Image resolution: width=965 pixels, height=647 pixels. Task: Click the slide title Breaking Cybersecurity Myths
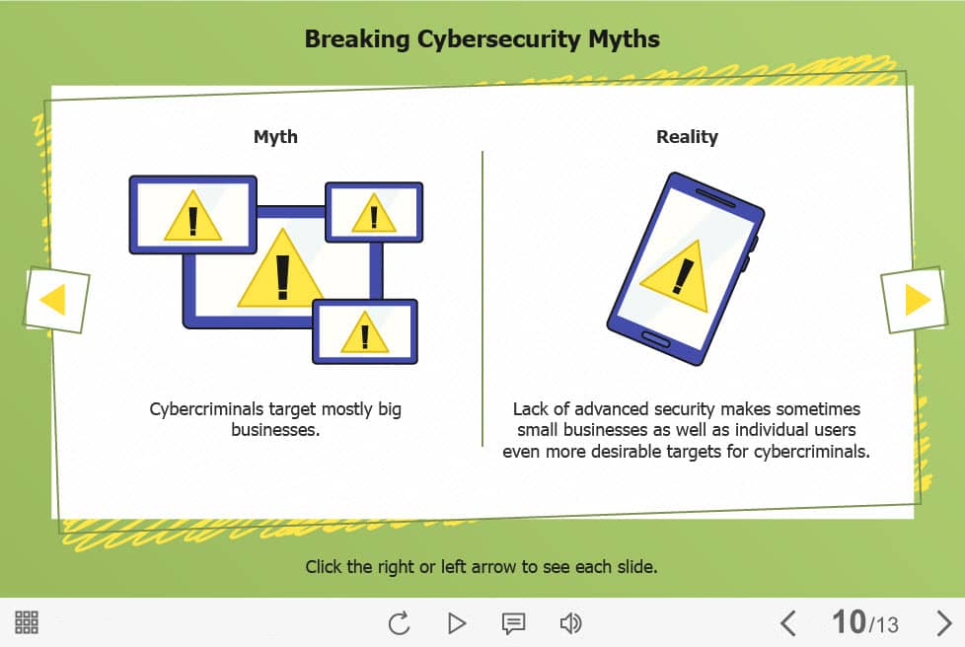pyautogui.click(x=482, y=39)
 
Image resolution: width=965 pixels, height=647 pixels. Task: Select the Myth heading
pyautogui.click(x=275, y=136)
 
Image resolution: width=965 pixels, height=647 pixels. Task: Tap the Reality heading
pyautogui.click(x=687, y=136)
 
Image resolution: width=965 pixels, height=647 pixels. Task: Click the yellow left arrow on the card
pyautogui.click(x=53, y=300)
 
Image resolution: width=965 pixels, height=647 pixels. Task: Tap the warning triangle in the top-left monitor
pyautogui.click(x=192, y=217)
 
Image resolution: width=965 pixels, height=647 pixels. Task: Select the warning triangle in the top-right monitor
pyautogui.click(x=374, y=214)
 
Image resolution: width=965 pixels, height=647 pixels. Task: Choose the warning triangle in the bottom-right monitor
pyautogui.click(x=365, y=333)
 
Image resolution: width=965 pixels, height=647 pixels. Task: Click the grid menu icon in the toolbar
pyautogui.click(x=27, y=622)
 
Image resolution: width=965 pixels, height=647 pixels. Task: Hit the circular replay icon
pyautogui.click(x=399, y=623)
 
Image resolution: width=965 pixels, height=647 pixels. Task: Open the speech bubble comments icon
pyautogui.click(x=513, y=623)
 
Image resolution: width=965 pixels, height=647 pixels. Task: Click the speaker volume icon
pyautogui.click(x=570, y=623)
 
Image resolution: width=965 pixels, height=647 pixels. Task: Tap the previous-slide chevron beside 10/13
pyautogui.click(x=787, y=623)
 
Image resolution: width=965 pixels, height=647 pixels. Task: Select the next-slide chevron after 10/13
pyautogui.click(x=944, y=623)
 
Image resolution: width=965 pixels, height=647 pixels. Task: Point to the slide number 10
pyautogui.click(x=850, y=621)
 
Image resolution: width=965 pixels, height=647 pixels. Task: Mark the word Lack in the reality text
pyautogui.click(x=530, y=409)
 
